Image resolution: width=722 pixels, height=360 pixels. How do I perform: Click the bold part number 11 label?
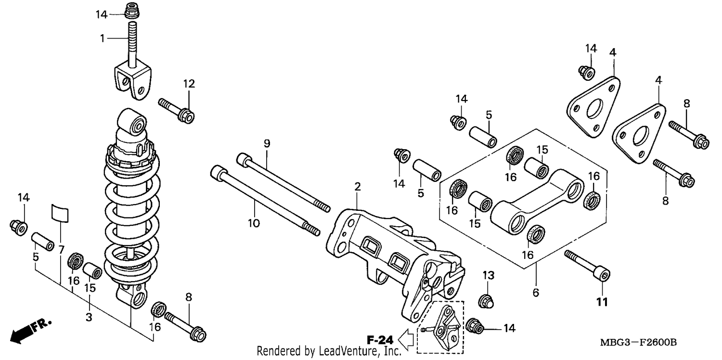[602, 302]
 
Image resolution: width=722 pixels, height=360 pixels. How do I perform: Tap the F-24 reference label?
[380, 340]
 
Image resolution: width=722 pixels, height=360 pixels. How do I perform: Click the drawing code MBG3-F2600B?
[638, 342]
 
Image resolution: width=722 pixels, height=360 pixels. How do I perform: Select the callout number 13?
[489, 276]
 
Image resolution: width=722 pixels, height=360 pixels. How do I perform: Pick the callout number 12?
[189, 84]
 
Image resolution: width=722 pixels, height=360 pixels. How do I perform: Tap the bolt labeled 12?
[176, 111]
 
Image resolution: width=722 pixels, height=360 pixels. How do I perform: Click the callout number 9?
[267, 143]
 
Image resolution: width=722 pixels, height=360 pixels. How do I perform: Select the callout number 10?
[254, 223]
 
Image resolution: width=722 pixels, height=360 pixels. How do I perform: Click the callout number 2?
[358, 187]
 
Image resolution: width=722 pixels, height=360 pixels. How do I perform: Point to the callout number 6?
[536, 293]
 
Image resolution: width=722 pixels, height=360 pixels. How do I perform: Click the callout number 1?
[102, 39]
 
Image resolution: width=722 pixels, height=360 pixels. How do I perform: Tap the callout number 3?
[89, 317]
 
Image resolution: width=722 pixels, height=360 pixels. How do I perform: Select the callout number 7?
[61, 249]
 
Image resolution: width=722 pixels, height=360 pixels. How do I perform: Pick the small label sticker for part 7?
[60, 213]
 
